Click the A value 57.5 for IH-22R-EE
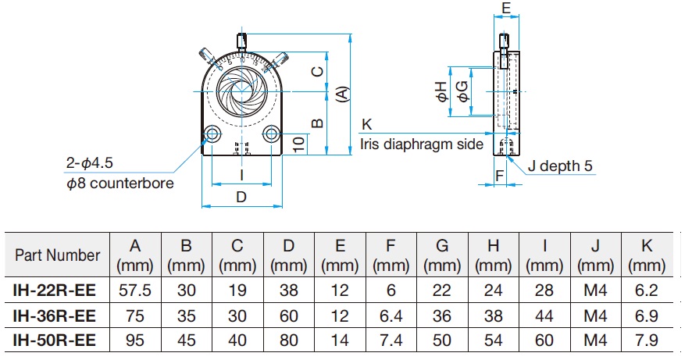point(135,290)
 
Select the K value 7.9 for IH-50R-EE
point(647,340)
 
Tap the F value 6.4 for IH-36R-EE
point(391,316)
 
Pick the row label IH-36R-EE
point(55,316)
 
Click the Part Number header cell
point(57,255)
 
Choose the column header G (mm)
point(442,255)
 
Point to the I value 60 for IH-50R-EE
point(544,340)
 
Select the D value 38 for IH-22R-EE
point(289,290)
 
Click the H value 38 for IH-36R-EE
point(493,316)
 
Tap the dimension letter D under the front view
point(241,197)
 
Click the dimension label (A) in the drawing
point(343,94)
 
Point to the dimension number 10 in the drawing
point(299,144)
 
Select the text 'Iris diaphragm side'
point(422,144)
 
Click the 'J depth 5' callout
point(560,166)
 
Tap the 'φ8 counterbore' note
point(120,183)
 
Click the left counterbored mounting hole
point(212,134)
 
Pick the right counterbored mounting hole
point(271,134)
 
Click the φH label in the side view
point(442,92)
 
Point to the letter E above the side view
point(506,8)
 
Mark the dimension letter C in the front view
point(318,71)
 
